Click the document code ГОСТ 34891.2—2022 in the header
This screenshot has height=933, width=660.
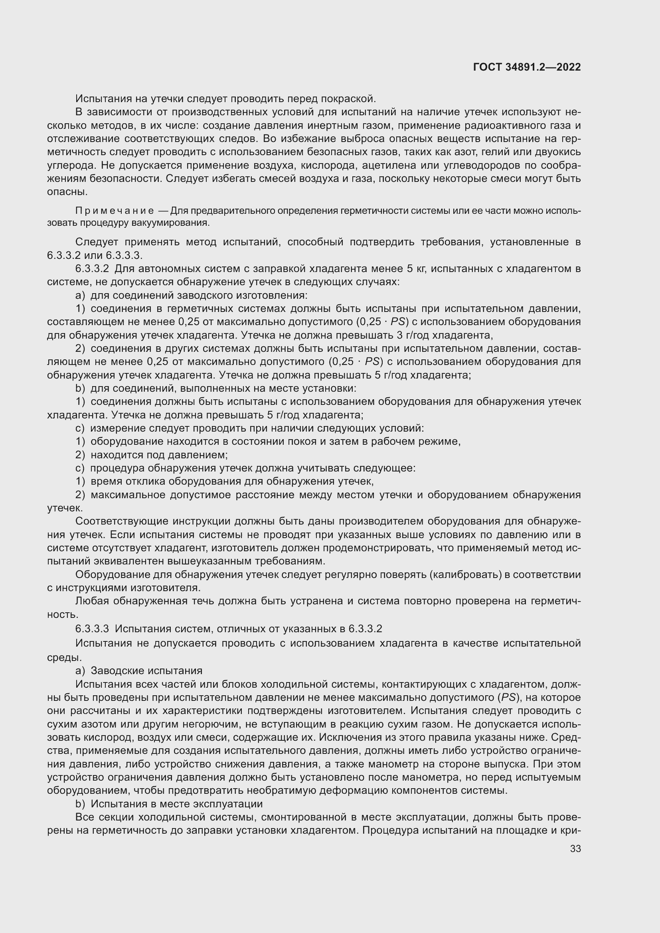point(527,67)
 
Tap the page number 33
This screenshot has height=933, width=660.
point(575,849)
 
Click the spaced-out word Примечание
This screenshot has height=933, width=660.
point(115,211)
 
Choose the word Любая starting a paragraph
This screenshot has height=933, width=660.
point(91,601)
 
